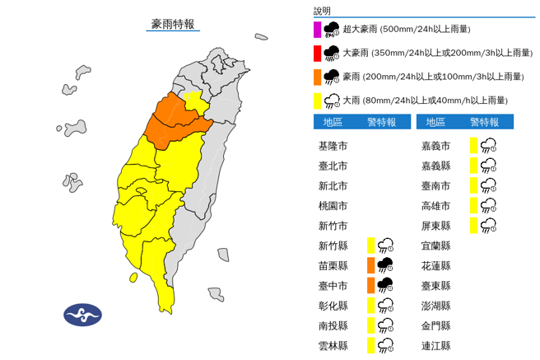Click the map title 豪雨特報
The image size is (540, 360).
pyautogui.click(x=173, y=24)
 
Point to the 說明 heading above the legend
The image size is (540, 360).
pyautogui.click(x=322, y=11)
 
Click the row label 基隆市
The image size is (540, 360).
pyautogui.click(x=333, y=146)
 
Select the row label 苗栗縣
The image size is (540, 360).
pyautogui.click(x=333, y=266)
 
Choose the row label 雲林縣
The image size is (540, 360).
pyautogui.click(x=333, y=346)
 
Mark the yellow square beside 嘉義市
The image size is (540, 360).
pyautogui.click(x=473, y=146)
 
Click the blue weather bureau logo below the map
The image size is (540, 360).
pyautogui.click(x=82, y=314)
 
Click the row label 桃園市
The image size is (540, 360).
pyautogui.click(x=333, y=206)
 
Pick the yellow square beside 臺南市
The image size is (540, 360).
pyautogui.click(x=473, y=186)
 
